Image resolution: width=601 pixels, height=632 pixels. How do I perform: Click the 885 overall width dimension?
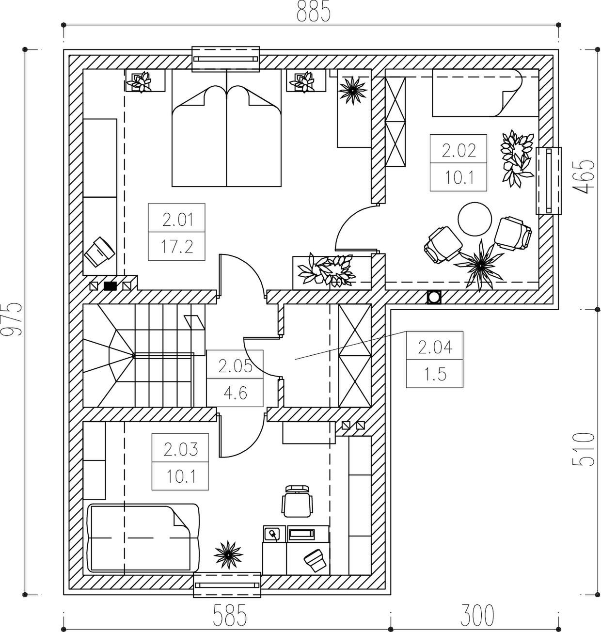pyautogui.click(x=314, y=11)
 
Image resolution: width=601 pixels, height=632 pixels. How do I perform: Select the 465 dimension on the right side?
pyautogui.click(x=586, y=177)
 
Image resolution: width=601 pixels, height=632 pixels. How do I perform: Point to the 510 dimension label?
pyautogui.click(x=586, y=449)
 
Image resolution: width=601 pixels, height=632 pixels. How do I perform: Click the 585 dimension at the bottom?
pyautogui.click(x=230, y=615)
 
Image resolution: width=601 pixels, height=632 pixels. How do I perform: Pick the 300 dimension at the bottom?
pyautogui.click(x=477, y=615)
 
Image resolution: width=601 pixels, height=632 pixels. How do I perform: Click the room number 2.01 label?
pyautogui.click(x=178, y=220)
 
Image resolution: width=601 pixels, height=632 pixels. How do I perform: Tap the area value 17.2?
pyautogui.click(x=178, y=247)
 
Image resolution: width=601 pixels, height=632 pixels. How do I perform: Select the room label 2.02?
pyautogui.click(x=459, y=150)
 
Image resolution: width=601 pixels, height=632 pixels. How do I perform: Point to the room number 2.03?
pyautogui.click(x=181, y=449)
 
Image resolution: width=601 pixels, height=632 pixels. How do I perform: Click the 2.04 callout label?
pyautogui.click(x=435, y=347)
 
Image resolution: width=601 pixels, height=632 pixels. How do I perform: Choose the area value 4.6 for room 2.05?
pyautogui.click(x=236, y=393)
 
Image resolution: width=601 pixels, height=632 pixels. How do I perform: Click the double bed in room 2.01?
pyautogui.click(x=226, y=136)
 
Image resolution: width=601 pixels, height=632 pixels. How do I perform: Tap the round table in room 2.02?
pyautogui.click(x=475, y=219)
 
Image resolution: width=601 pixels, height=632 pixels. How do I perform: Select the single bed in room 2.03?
pyautogui.click(x=143, y=538)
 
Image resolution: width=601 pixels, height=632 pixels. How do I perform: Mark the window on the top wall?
pyautogui.click(x=226, y=59)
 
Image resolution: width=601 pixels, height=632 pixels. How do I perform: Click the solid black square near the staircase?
pyautogui.click(x=111, y=286)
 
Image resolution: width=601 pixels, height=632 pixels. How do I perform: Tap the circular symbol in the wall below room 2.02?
pyautogui.click(x=433, y=297)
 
